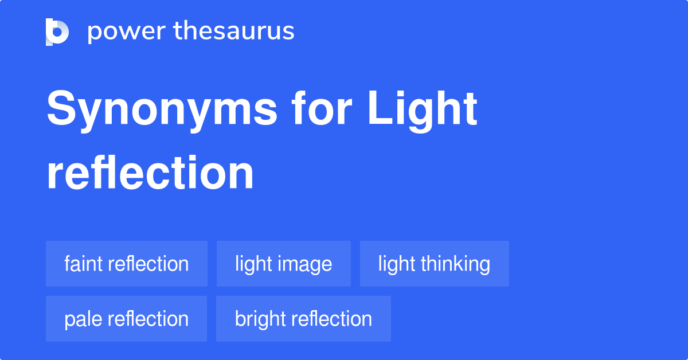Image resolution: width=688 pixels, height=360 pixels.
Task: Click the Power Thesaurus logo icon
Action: (57, 32)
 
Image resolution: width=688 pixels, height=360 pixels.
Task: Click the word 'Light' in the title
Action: (423, 109)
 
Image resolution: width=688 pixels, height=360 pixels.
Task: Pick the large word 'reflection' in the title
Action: (150, 173)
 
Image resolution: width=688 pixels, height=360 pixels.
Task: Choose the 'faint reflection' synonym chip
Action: (126, 264)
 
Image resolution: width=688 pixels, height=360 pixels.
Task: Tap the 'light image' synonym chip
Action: (283, 264)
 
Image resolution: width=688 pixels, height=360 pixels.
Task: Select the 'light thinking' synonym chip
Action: (434, 264)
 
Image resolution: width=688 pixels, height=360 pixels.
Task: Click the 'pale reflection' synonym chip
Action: (126, 319)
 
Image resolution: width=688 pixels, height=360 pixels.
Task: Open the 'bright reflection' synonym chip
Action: (303, 319)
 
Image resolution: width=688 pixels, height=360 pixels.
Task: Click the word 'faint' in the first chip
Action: (84, 264)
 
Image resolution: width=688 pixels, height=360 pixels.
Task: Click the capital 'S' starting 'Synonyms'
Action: (60, 109)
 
